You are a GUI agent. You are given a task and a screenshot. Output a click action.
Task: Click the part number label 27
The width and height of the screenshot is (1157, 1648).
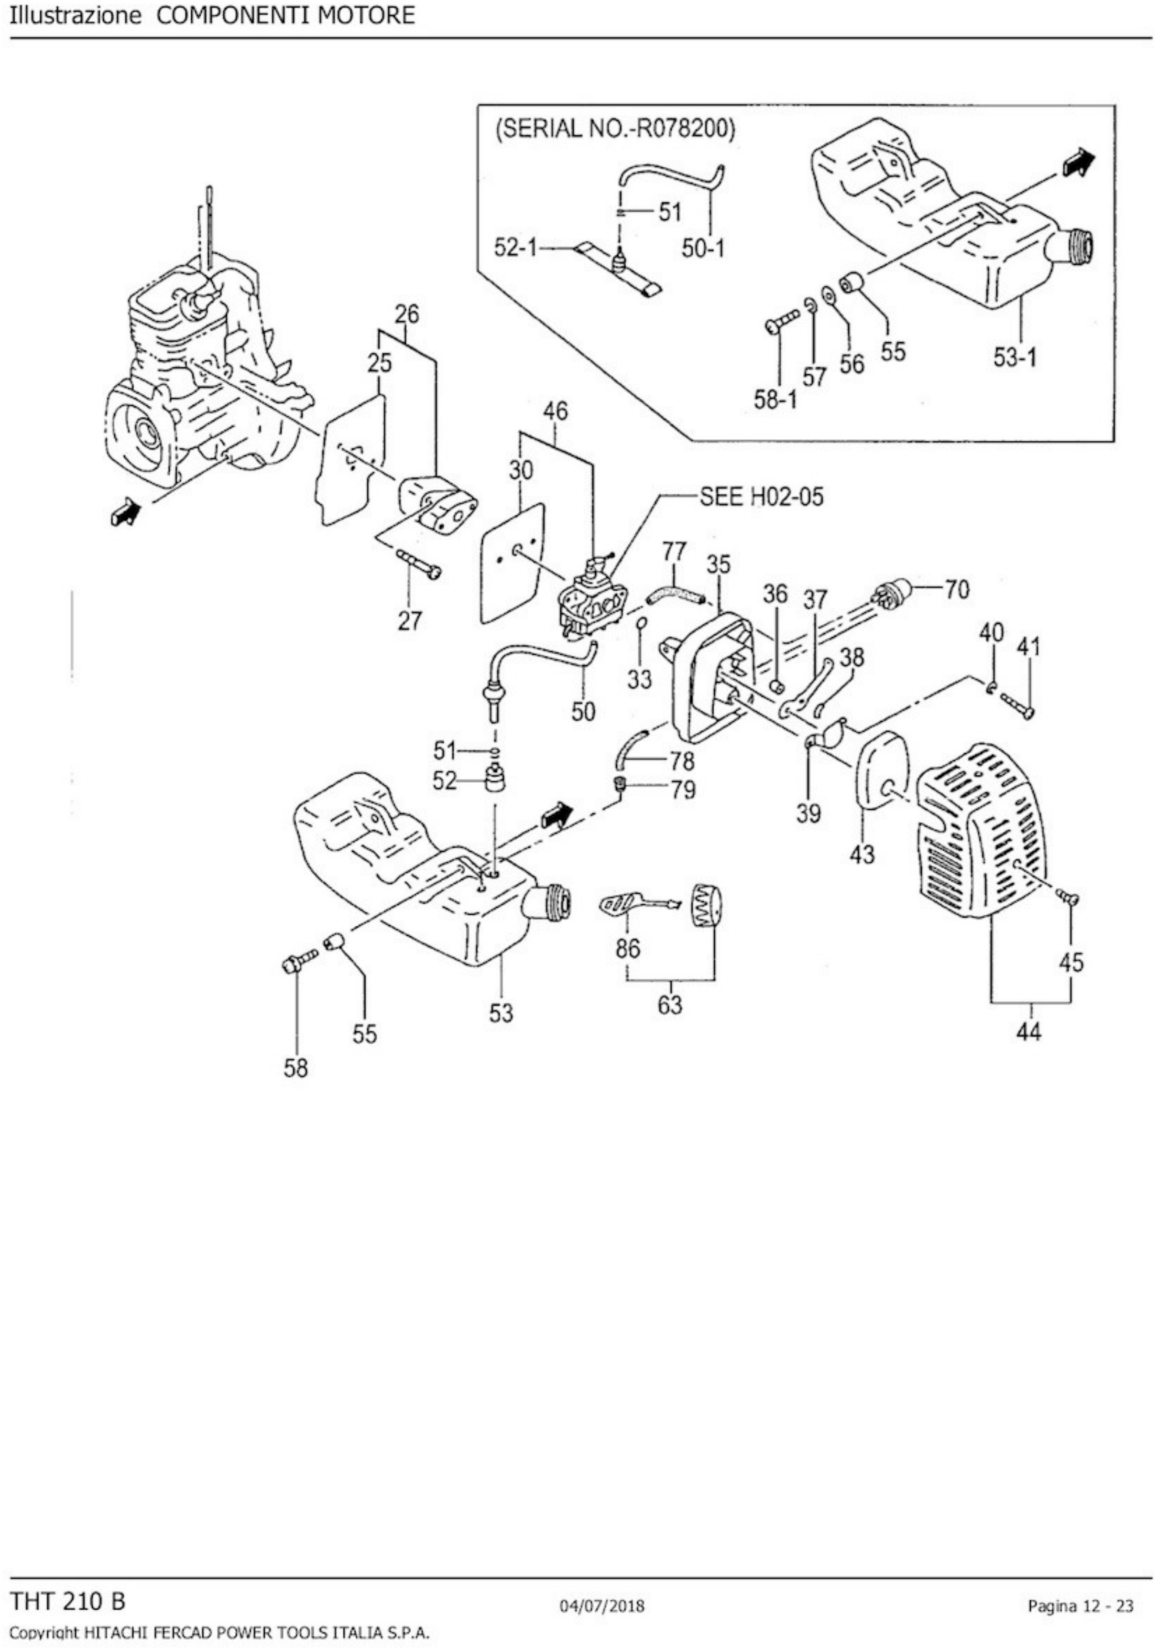click(x=409, y=620)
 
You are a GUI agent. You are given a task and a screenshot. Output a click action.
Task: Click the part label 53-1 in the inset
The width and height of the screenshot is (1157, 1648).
click(x=1014, y=357)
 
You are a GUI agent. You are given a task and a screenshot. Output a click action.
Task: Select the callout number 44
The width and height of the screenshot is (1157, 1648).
click(x=1029, y=1032)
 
